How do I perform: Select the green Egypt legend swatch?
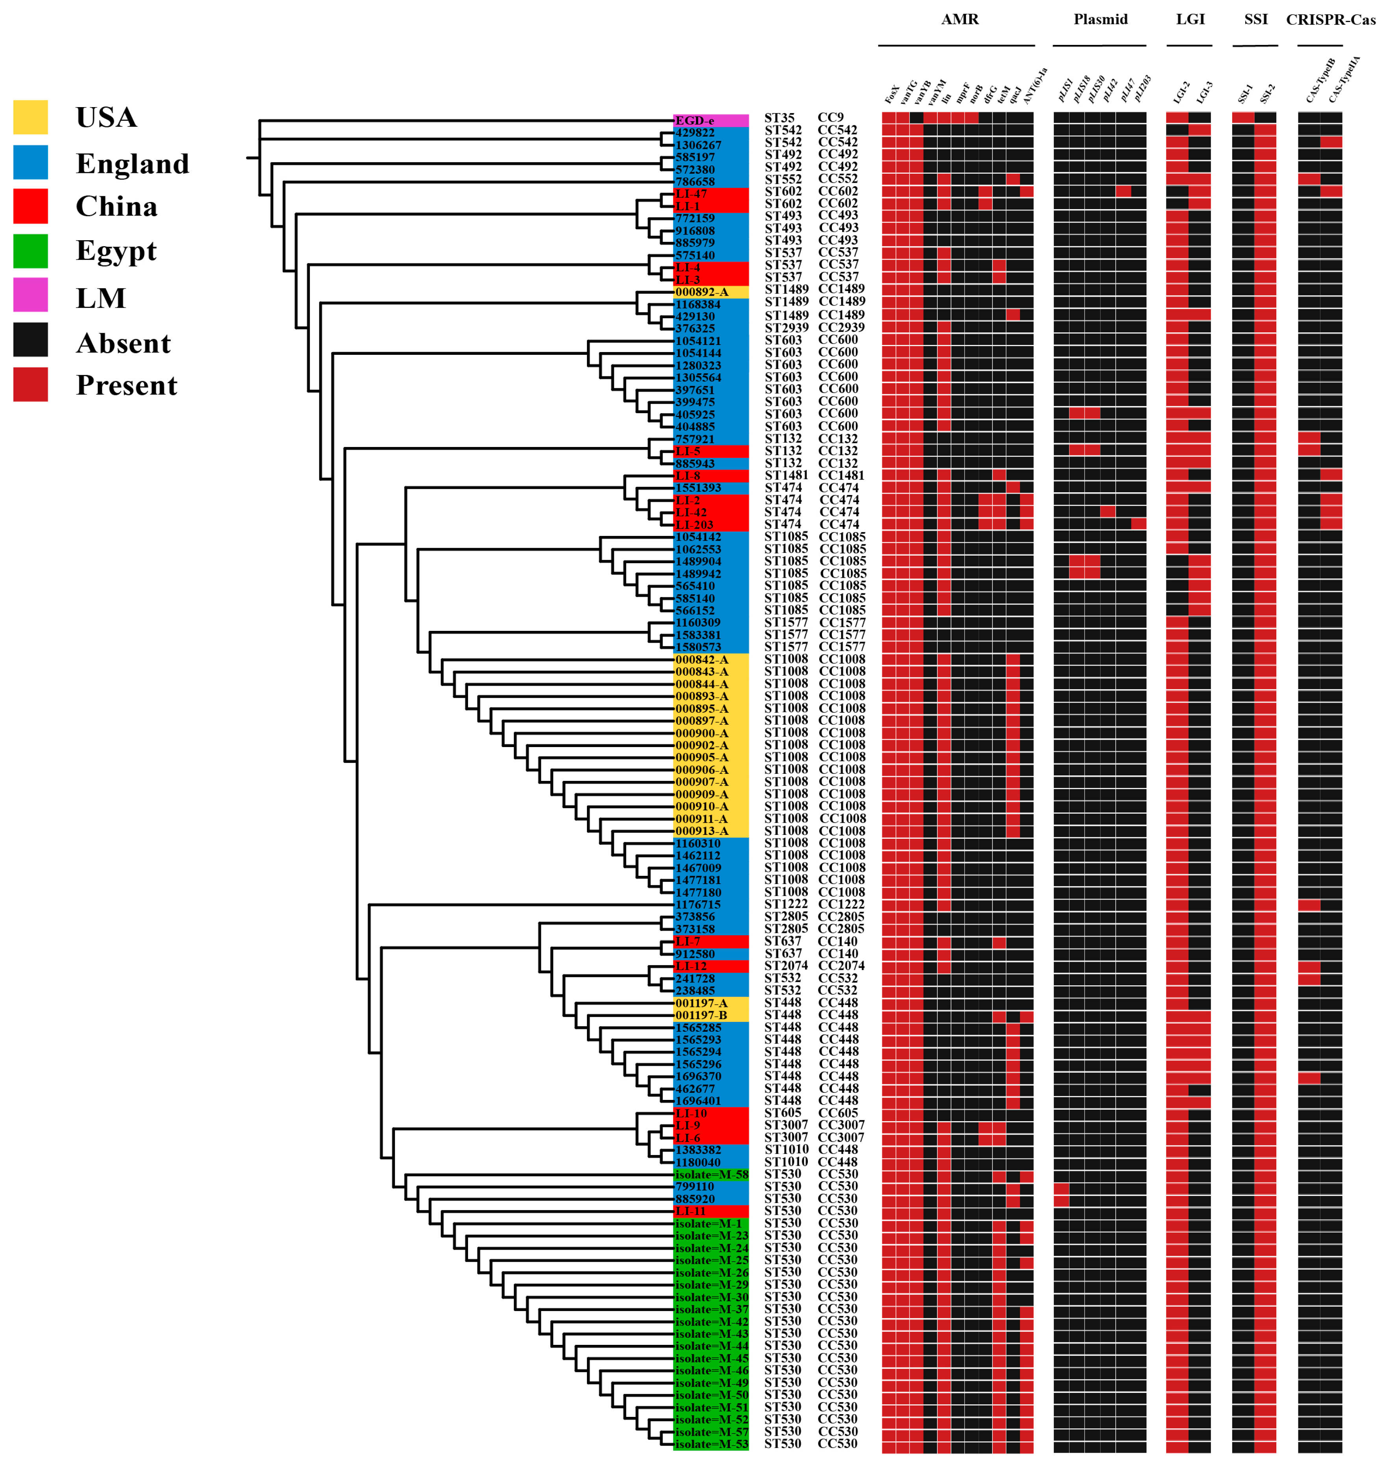(x=30, y=251)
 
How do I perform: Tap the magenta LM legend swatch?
(x=30, y=295)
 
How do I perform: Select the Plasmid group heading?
(x=1100, y=19)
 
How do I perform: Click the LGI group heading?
(x=1190, y=19)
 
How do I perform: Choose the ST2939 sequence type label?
(x=786, y=327)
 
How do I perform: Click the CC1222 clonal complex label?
(x=841, y=904)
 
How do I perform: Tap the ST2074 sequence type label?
(x=786, y=965)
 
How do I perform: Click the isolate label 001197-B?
(x=701, y=1015)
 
